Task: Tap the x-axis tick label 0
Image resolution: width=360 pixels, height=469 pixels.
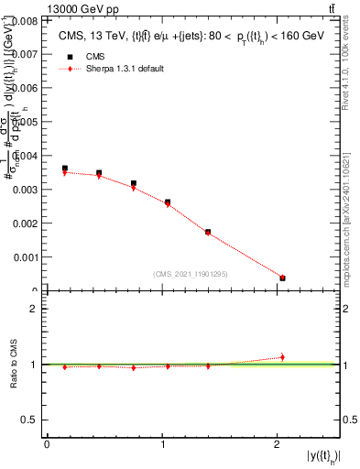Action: coord(47,443)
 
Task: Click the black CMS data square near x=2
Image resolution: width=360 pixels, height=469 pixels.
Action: coord(282,278)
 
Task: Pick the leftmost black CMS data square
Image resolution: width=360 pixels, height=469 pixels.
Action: coord(64,169)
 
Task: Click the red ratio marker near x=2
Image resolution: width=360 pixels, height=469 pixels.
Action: coord(282,356)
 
